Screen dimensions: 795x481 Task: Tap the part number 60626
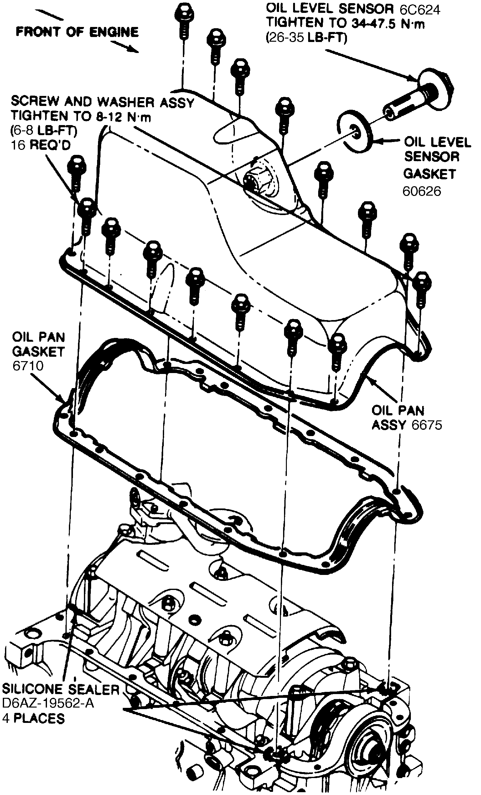tap(422, 191)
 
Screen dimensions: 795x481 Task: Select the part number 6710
tap(28, 366)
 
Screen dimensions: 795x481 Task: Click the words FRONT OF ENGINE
tap(77, 32)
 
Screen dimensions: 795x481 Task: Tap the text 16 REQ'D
tap(41, 145)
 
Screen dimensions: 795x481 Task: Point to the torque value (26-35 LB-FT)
tap(306, 38)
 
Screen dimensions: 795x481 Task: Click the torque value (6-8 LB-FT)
tap(44, 131)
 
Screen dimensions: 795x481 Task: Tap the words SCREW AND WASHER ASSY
tap(102, 102)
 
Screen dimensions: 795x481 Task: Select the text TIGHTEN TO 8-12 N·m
tap(80, 117)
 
